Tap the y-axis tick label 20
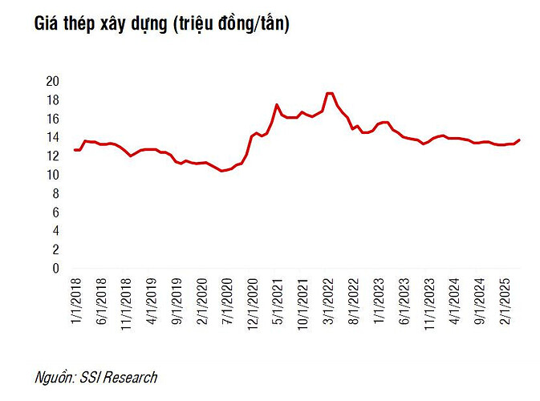[53, 81]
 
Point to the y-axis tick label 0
[56, 269]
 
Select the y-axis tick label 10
[53, 175]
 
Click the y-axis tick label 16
[53, 119]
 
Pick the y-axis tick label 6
[56, 213]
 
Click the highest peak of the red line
[330, 93]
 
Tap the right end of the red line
[519, 140]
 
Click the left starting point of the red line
[75, 150]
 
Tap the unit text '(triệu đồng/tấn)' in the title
[230, 25]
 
